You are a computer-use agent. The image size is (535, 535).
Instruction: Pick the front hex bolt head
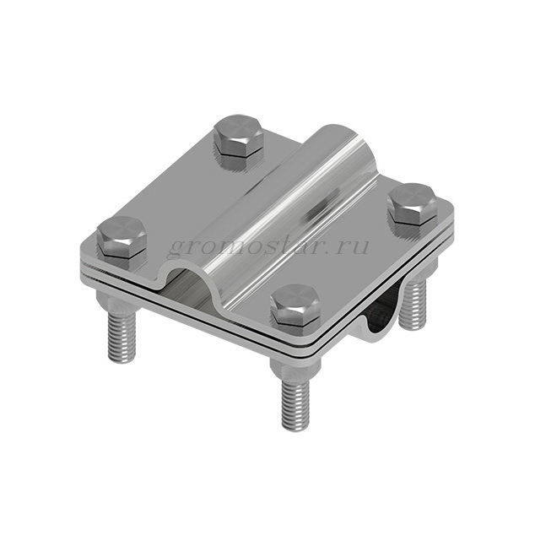pyautogui.click(x=295, y=305)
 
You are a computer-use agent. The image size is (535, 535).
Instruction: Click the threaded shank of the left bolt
pyautogui.click(x=122, y=336)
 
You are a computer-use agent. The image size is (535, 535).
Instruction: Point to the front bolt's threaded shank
pyautogui.click(x=295, y=405)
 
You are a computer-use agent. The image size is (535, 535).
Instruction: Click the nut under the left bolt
pyautogui.click(x=117, y=301)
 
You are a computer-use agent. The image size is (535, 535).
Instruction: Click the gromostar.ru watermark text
pyautogui.click(x=268, y=246)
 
